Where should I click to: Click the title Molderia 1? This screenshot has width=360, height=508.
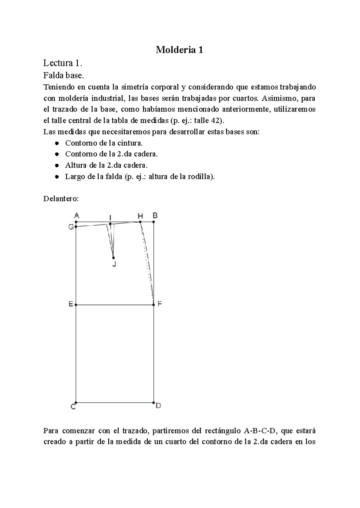(x=179, y=50)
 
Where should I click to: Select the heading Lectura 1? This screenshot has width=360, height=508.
(x=62, y=63)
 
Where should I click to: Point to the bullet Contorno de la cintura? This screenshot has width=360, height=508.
(x=102, y=143)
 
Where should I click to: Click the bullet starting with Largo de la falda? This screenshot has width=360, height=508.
(x=140, y=177)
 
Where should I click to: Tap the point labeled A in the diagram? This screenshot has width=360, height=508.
(x=76, y=222)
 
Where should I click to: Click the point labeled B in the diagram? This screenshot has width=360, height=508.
(x=154, y=222)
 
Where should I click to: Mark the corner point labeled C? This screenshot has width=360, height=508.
(x=76, y=402)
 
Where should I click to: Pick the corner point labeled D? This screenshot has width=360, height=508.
(x=154, y=402)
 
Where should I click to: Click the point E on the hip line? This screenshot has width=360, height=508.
(x=76, y=305)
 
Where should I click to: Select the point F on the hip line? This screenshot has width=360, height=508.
(x=154, y=305)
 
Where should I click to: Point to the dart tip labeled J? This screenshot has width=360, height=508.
(x=113, y=258)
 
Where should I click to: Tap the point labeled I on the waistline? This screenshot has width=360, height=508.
(x=110, y=224)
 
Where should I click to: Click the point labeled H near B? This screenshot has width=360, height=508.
(x=140, y=222)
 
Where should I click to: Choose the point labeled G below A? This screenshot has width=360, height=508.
(x=76, y=227)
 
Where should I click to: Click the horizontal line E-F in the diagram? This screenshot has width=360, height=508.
(x=115, y=305)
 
